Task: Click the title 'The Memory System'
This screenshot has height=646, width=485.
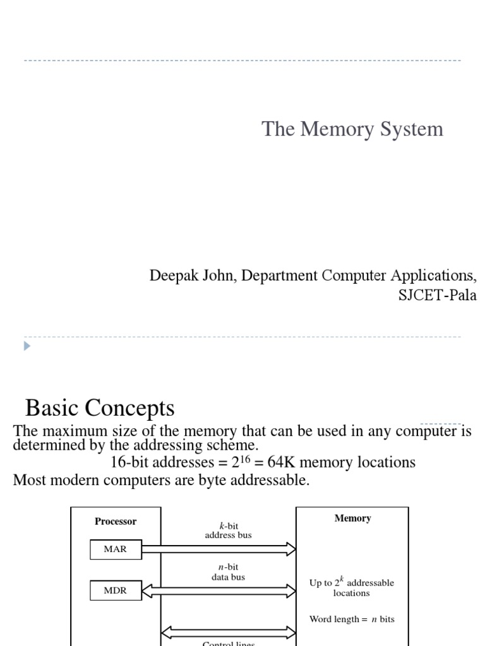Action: pos(352,129)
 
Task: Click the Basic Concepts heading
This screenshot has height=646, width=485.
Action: pos(100,408)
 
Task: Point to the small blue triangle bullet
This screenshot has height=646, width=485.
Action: pos(27,346)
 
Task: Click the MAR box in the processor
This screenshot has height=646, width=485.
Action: pos(115,549)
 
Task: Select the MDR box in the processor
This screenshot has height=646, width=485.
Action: pos(115,591)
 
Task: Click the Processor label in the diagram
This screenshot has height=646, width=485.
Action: pos(116,522)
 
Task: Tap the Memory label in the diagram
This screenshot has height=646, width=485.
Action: pos(352,519)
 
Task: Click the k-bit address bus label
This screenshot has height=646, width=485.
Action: pos(228,531)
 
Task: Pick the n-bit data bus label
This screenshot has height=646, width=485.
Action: pos(228,572)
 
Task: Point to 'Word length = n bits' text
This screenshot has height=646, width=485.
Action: pos(352,620)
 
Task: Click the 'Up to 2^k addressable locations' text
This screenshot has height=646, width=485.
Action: pos(352,588)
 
